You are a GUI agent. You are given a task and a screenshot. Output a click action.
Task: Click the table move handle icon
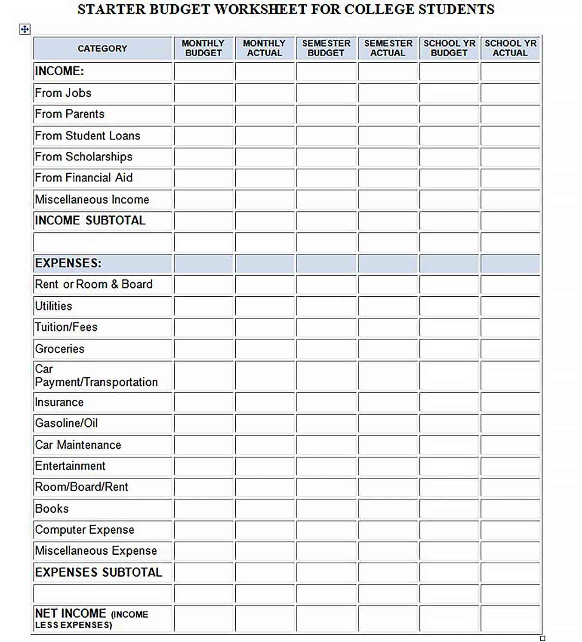[25, 29]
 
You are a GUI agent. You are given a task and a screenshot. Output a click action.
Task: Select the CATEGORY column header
[102, 49]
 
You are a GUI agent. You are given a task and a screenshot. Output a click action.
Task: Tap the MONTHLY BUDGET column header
[203, 48]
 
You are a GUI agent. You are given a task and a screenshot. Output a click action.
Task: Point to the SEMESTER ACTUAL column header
[388, 48]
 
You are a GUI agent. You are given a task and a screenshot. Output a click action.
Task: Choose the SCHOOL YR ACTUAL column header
[510, 48]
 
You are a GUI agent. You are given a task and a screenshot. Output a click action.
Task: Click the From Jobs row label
[63, 93]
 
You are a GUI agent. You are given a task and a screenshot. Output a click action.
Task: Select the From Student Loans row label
[87, 136]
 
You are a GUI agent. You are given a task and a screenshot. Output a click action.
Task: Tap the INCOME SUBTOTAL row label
[90, 221]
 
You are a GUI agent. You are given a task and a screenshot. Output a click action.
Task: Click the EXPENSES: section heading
[68, 263]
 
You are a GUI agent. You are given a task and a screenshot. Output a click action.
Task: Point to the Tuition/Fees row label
[66, 327]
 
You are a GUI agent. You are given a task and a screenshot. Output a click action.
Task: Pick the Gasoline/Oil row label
[66, 424]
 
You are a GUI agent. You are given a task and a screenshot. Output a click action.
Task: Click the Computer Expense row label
[84, 530]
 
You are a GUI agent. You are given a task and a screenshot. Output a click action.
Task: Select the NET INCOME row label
[91, 618]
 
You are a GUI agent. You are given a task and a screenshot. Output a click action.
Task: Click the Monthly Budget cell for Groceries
[203, 349]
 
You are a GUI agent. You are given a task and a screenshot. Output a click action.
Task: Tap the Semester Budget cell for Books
[326, 509]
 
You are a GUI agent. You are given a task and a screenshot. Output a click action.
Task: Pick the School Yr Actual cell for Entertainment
[510, 466]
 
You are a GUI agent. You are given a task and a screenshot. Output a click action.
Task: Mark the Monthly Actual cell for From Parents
[265, 114]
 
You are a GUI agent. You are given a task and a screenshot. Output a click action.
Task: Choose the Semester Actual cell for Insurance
[388, 402]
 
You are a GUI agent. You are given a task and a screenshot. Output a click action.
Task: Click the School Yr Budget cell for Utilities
[449, 306]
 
